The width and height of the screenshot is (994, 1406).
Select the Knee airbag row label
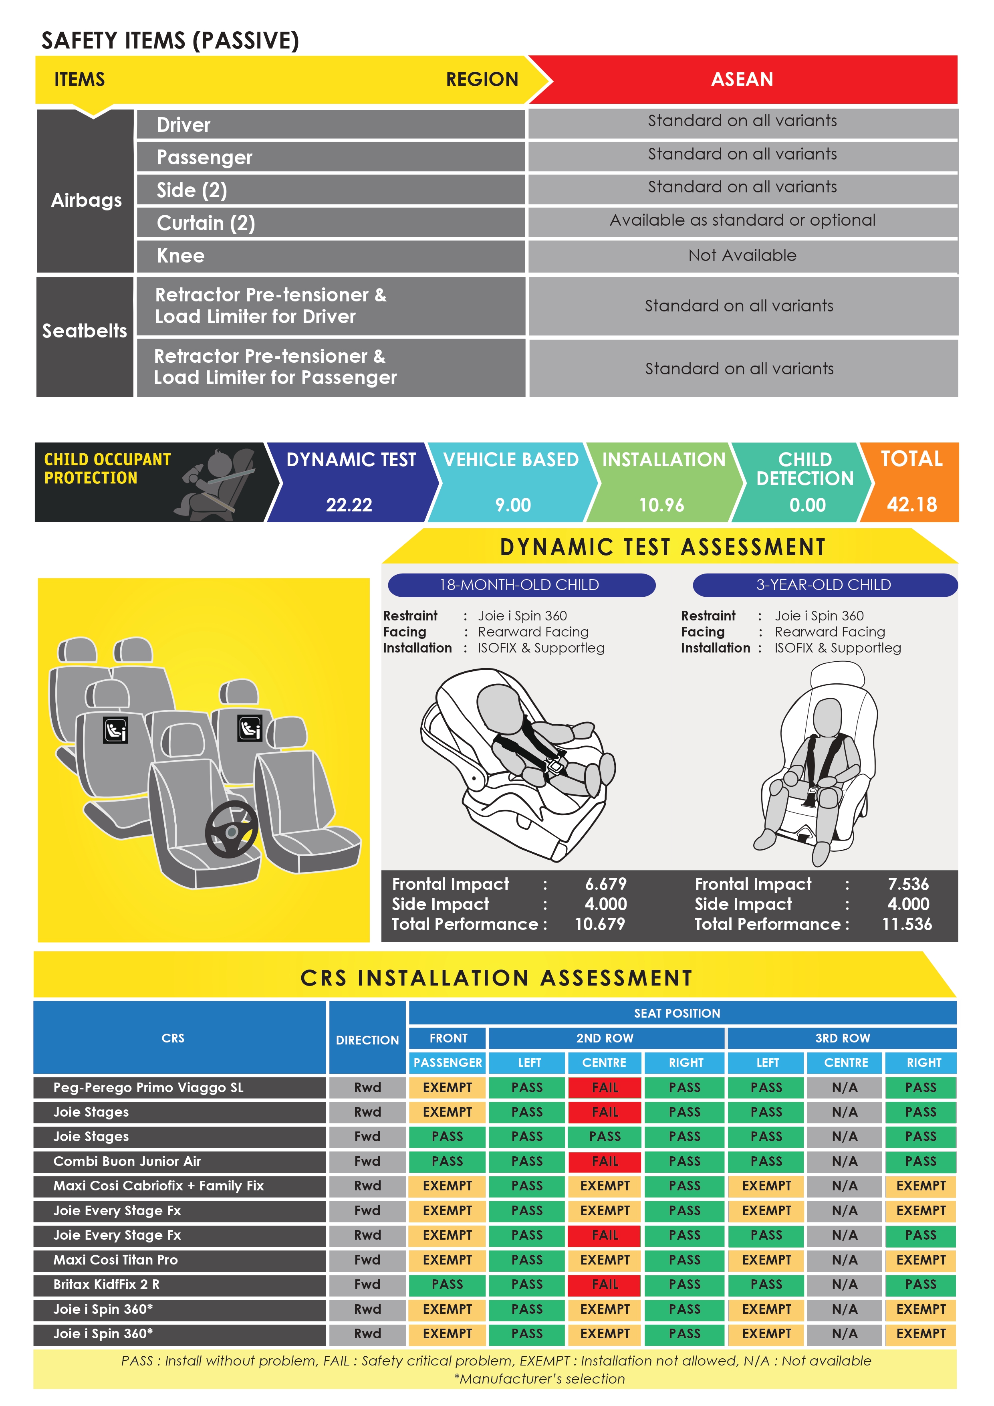pyautogui.click(x=181, y=255)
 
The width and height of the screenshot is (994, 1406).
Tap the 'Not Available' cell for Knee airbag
pyautogui.click(x=742, y=255)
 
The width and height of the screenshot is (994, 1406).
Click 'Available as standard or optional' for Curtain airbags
pyautogui.click(x=742, y=220)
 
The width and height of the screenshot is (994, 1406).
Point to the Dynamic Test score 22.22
pyautogui.click(x=349, y=505)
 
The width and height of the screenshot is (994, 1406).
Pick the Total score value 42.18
pyautogui.click(x=911, y=505)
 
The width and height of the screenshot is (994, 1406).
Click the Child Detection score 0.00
pyautogui.click(x=807, y=505)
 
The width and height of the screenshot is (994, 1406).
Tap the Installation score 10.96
pyautogui.click(x=661, y=505)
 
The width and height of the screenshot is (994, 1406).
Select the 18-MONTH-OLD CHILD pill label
pyautogui.click(x=519, y=585)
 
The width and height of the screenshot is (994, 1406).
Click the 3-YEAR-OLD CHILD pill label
pyautogui.click(x=823, y=585)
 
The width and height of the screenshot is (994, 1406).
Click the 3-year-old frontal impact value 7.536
pyautogui.click(x=908, y=884)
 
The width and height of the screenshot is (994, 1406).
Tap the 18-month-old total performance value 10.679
pyautogui.click(x=600, y=924)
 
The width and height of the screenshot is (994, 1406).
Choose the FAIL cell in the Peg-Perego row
pyautogui.click(x=605, y=1088)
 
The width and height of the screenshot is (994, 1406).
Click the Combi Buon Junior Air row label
pyautogui.click(x=127, y=1162)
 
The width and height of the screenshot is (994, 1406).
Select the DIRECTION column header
pyautogui.click(x=367, y=1040)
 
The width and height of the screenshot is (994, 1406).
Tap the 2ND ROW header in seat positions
pyautogui.click(x=605, y=1038)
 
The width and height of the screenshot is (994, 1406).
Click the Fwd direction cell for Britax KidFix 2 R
pyautogui.click(x=367, y=1284)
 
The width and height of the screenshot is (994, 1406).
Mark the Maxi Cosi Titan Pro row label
pyautogui.click(x=116, y=1260)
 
